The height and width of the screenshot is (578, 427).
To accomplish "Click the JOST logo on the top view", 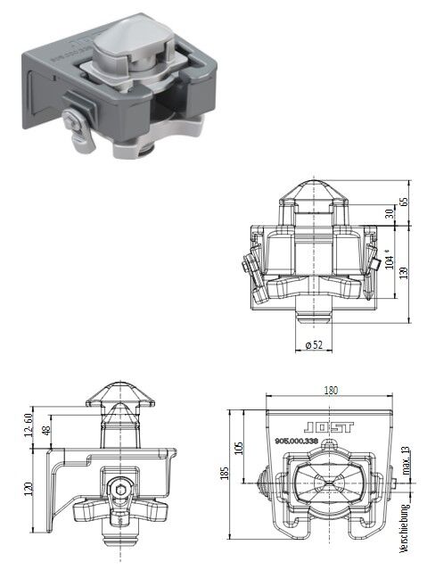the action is coord(329,427).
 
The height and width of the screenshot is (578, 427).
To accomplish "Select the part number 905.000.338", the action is coord(297,440).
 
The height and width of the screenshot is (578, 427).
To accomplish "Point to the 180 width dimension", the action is coord(331,390).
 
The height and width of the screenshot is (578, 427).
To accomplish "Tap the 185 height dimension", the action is coord(226,473).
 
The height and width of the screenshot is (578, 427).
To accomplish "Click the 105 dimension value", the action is coord(239,449).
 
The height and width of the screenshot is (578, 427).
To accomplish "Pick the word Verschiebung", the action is coord(405,529).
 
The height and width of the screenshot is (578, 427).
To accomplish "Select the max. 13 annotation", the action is coord(406,461).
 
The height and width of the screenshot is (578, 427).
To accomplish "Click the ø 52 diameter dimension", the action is coord(315,344).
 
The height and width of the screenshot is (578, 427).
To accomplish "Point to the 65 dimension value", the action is coord(404,202).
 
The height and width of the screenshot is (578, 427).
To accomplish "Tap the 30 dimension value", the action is coord(390,213).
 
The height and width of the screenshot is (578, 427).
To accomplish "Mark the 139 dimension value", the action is coord(404,273).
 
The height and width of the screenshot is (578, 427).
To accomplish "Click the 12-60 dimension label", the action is coord(28,425).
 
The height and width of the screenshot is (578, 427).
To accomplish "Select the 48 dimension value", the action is coord(46,430).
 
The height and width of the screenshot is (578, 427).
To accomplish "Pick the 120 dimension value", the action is coord(29,489).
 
